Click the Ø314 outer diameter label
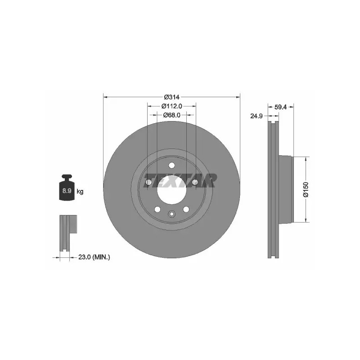pos(171,97)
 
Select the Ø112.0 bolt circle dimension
pos(171,106)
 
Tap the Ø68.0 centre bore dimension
pos(171,115)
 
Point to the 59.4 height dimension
pos(280,107)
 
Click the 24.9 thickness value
pos(256,116)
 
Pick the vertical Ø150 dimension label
pos(306,189)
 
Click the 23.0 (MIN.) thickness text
pos(94,257)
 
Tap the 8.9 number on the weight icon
pos(67,190)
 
